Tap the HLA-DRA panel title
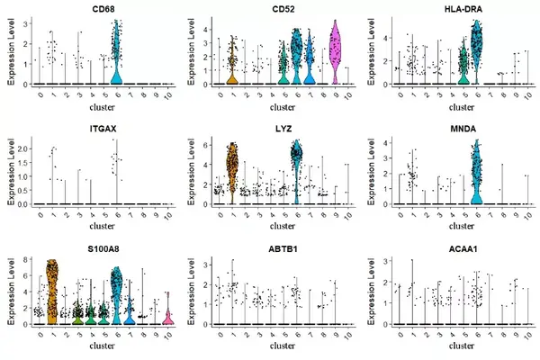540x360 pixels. click(463, 9)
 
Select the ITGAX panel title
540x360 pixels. click(103, 129)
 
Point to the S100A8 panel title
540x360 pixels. click(103, 248)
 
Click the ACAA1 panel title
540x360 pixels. click(463, 248)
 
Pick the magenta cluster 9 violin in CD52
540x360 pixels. click(336, 51)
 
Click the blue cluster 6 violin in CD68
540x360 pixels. click(117, 51)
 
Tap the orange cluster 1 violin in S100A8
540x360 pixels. click(52, 292)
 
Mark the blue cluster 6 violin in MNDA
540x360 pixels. click(477, 172)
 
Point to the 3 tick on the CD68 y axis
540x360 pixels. click(25, 23)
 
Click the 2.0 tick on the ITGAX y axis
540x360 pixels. click(23, 148)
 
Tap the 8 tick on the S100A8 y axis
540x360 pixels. click(25, 259)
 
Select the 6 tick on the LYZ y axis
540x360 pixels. click(205, 146)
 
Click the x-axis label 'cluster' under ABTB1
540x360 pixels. click(283, 346)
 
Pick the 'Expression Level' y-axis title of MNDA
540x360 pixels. click(371, 172)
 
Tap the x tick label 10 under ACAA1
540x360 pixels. click(527, 335)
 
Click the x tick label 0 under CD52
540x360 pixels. click(220, 94)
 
